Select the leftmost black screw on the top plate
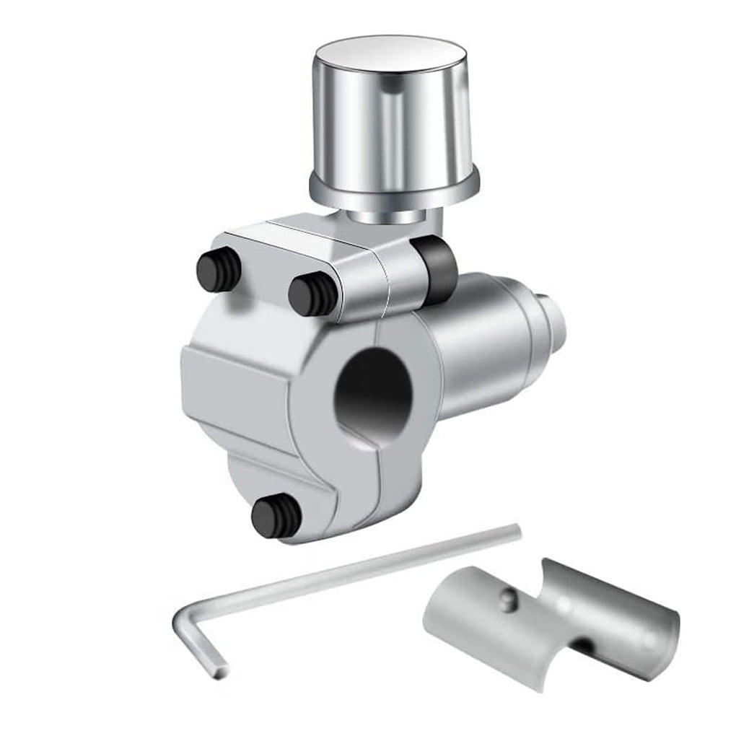click(x=218, y=270)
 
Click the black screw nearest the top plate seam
click(x=312, y=294)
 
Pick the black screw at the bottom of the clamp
click(x=276, y=516)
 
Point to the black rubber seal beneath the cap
click(x=438, y=268)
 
